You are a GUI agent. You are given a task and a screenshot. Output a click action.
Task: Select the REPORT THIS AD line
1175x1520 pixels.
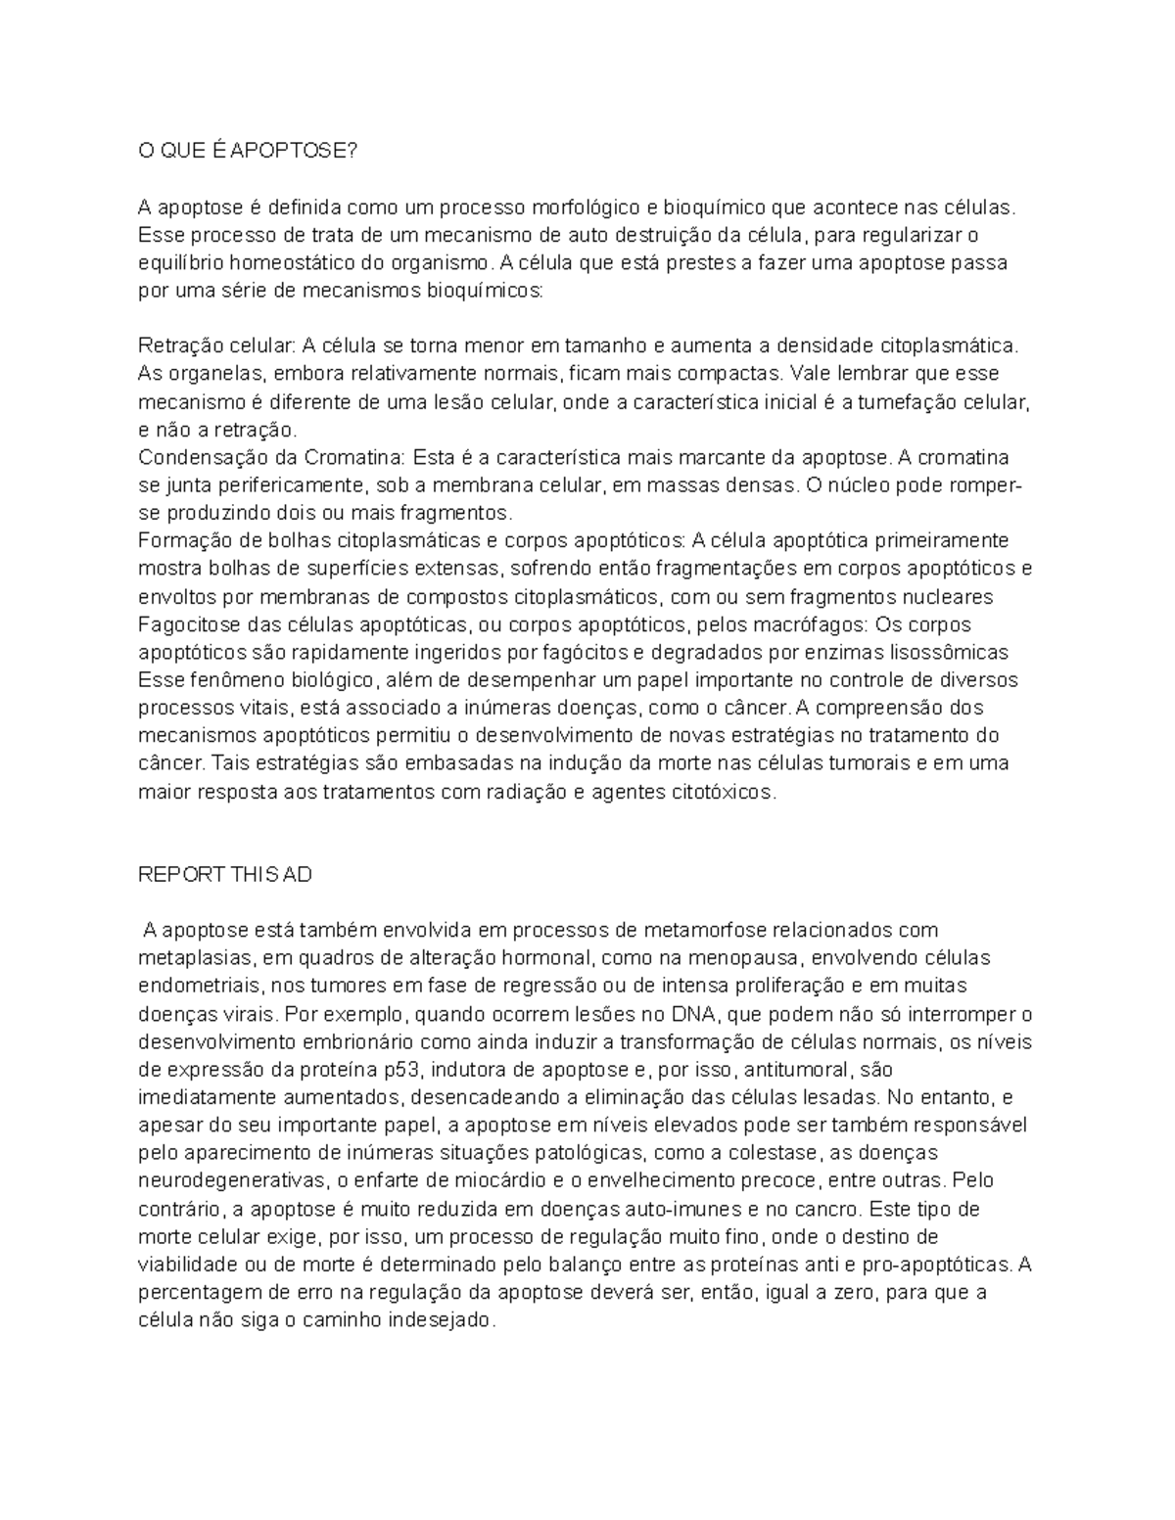pos(225,874)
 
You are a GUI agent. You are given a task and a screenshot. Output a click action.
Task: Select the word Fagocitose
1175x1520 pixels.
pos(185,624)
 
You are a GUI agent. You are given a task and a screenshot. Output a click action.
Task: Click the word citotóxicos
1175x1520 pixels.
pos(723,792)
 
